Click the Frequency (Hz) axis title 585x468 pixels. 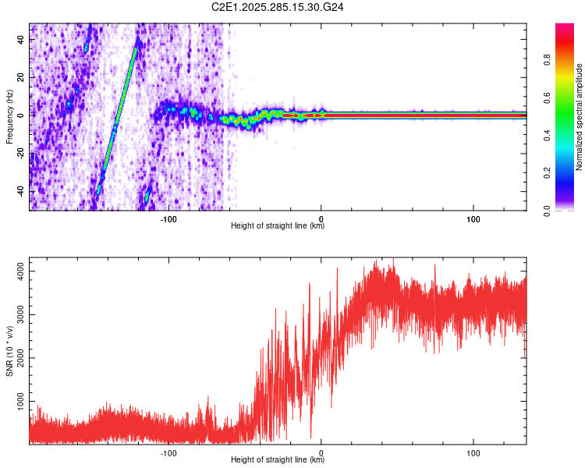(x=9, y=116)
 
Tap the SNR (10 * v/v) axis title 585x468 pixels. (x=9, y=351)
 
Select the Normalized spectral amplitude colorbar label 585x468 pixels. (x=580, y=117)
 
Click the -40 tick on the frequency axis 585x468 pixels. (x=20, y=192)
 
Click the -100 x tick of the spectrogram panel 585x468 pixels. (x=169, y=218)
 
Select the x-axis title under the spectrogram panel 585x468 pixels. (x=278, y=226)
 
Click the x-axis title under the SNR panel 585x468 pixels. (x=278, y=460)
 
